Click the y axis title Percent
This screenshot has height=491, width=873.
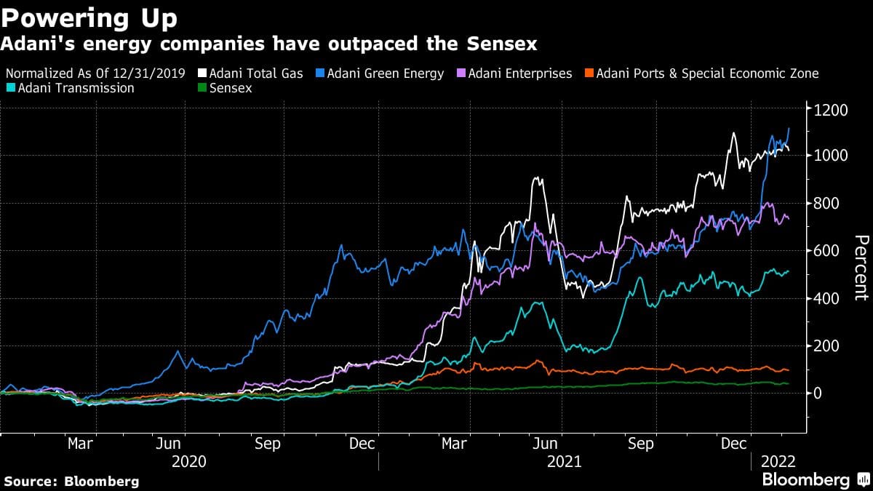point(860,267)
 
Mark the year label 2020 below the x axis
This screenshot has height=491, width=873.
point(188,461)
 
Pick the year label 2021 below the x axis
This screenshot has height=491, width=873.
point(564,461)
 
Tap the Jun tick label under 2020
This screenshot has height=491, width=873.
point(169,443)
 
